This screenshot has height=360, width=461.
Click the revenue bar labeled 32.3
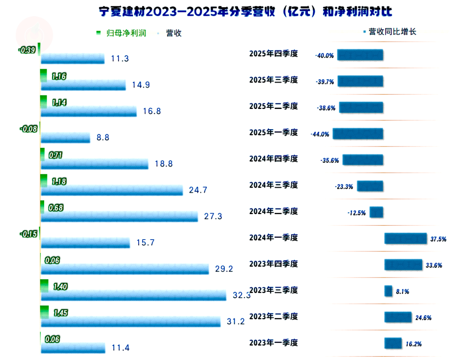(133, 295)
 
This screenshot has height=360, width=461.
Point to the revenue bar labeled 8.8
(66, 138)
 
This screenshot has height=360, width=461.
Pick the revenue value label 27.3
(213, 216)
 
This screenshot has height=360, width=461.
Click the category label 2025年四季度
(274, 54)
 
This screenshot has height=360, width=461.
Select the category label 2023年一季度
(274, 343)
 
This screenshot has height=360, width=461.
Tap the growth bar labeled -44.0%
(358, 134)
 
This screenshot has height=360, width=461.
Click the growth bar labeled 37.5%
(405, 239)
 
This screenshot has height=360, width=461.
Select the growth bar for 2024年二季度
(376, 212)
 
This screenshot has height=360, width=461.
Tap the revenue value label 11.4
(120, 348)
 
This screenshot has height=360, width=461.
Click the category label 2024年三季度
(274, 185)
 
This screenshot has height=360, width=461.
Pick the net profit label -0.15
(28, 234)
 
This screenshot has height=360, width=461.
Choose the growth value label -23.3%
(344, 187)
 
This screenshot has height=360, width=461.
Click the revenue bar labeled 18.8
(95, 164)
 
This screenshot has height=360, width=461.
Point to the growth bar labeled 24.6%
(398, 317)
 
